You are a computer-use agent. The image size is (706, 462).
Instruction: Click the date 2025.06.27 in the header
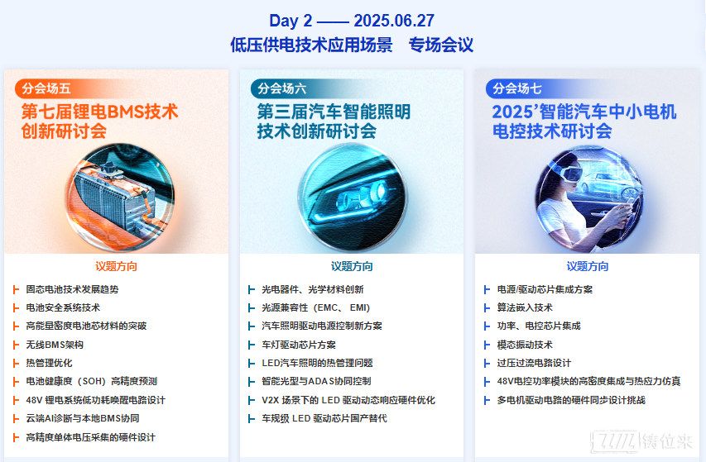point(394,21)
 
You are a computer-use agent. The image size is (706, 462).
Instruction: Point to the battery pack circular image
point(120,197)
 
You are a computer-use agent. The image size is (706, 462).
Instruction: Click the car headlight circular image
point(352,197)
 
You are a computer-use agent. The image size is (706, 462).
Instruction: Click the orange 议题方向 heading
point(116,266)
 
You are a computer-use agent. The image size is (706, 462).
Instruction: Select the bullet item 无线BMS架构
point(55,345)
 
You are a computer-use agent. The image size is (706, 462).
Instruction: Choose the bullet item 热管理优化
point(49,363)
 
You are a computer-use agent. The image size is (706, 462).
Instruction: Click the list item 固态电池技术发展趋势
point(72,289)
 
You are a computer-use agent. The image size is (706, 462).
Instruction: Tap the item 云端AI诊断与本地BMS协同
point(83,418)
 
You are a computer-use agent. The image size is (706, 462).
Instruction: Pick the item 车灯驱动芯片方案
point(299,345)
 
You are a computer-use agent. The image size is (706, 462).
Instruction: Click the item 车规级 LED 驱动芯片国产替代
point(324,418)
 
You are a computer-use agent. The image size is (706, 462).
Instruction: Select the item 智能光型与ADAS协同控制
point(316,382)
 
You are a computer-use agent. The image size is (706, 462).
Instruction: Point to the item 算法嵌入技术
point(525,307)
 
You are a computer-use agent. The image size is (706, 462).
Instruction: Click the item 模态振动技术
point(525,345)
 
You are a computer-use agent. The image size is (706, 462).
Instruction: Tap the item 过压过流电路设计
point(534,363)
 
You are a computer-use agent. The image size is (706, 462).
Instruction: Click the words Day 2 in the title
point(291,21)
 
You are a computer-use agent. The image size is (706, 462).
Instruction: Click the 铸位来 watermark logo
point(642,441)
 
